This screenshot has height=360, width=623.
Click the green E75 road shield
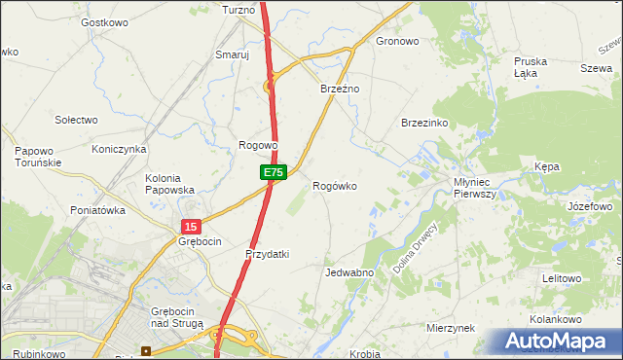(274, 172)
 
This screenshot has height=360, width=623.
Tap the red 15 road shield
(190, 226)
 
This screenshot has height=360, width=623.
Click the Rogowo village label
(259, 146)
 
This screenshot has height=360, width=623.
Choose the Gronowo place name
(397, 42)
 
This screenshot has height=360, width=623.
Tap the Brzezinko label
(424, 124)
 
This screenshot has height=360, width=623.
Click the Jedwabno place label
(350, 273)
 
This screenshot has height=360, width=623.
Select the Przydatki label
(268, 254)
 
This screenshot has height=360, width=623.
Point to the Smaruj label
(233, 55)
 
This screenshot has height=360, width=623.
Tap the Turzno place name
(238, 10)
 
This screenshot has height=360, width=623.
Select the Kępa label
(547, 167)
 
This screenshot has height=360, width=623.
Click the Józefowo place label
(589, 207)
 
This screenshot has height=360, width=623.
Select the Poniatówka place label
(98, 210)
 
